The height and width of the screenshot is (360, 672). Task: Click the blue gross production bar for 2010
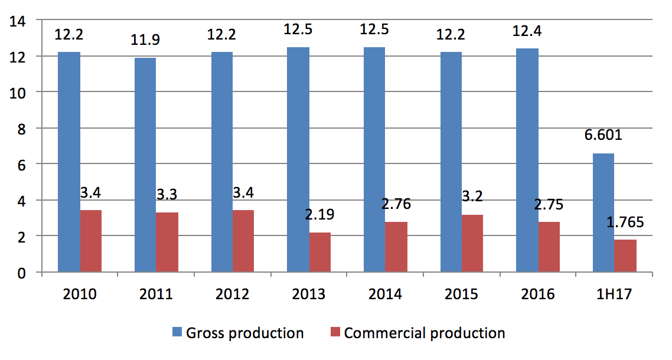pyautogui.click(x=69, y=162)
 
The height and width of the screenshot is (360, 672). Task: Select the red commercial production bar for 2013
pyautogui.click(x=319, y=252)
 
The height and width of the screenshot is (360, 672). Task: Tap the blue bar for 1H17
pyautogui.click(x=603, y=212)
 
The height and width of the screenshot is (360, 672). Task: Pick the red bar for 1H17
pyautogui.click(x=625, y=256)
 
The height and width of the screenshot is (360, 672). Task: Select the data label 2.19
pyautogui.click(x=319, y=214)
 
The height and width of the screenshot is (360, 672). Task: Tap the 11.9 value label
pyautogui.click(x=145, y=41)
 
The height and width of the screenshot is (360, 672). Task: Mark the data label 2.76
pyautogui.click(x=396, y=205)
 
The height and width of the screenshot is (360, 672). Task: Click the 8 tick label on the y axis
pyautogui.click(x=22, y=128)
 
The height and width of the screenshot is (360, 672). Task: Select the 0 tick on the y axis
pyautogui.click(x=22, y=273)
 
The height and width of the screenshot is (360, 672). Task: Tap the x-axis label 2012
pyautogui.click(x=232, y=294)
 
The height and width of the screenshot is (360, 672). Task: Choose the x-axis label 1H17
pyautogui.click(x=614, y=294)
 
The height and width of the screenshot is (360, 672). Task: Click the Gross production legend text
pyautogui.click(x=244, y=333)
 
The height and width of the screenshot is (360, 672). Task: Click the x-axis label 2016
pyautogui.click(x=538, y=294)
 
